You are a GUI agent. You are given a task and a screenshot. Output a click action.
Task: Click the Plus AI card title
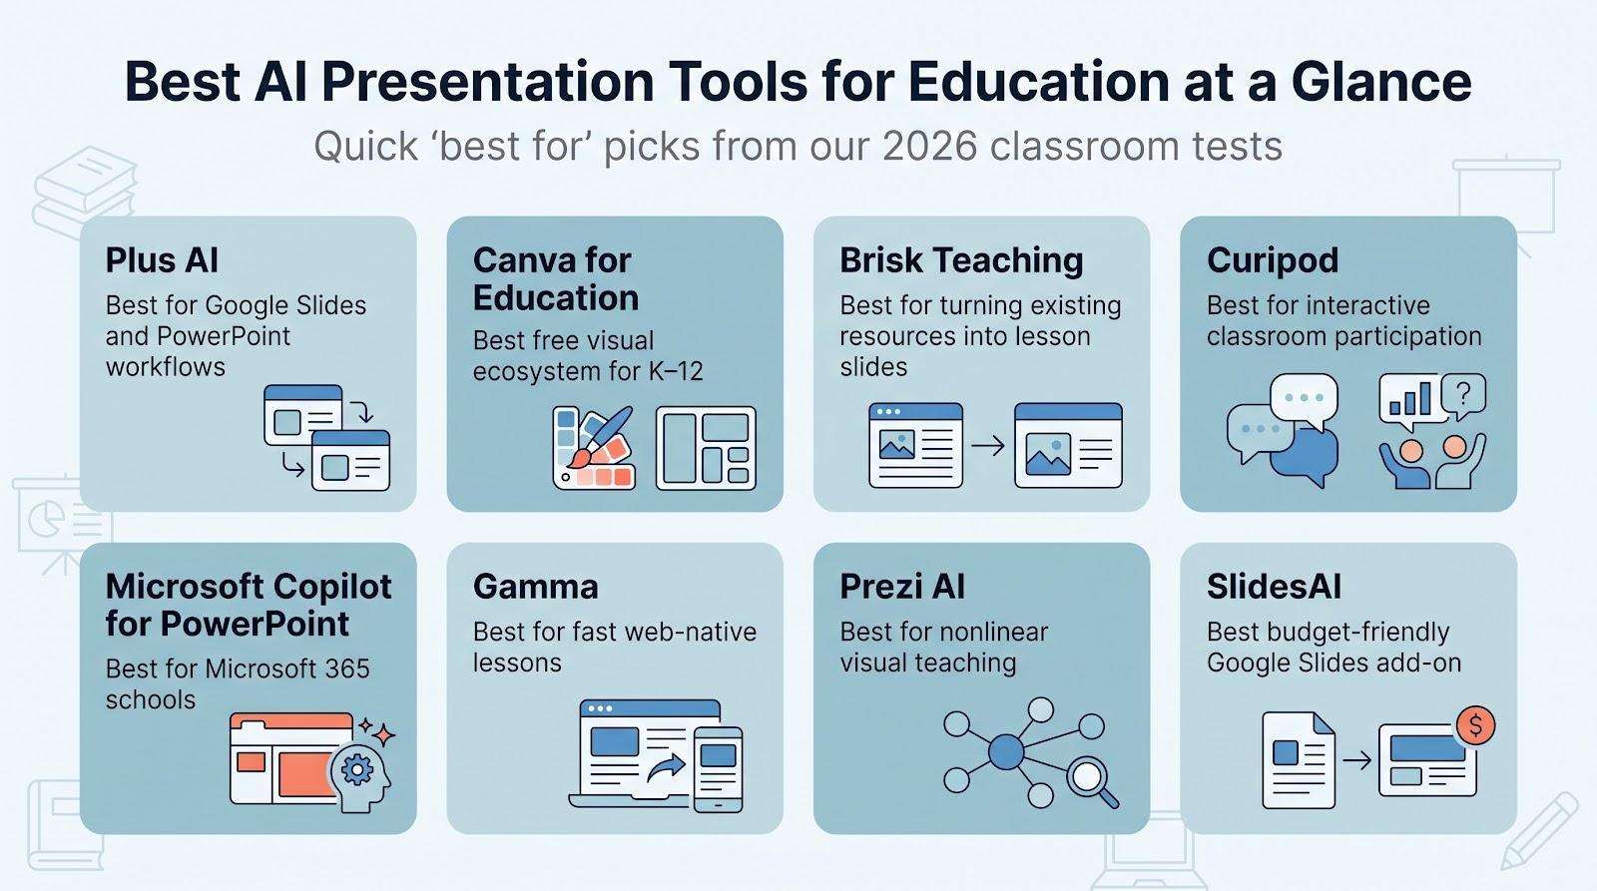tap(162, 260)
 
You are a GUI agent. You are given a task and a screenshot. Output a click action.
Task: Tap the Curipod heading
tap(1273, 260)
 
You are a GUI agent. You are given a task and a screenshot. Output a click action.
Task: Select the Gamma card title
tap(535, 587)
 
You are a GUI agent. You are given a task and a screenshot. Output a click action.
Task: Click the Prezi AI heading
tap(902, 587)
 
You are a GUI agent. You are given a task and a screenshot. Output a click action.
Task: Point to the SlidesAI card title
tap(1274, 587)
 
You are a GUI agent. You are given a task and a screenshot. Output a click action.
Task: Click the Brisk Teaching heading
tap(961, 260)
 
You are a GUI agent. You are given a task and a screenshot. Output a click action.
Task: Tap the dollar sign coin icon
tap(1475, 725)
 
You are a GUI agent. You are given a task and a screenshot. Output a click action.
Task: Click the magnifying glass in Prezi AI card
tap(1090, 780)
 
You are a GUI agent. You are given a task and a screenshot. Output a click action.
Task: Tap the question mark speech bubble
tap(1463, 396)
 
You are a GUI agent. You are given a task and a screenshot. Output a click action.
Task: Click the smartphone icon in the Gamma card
tap(718, 770)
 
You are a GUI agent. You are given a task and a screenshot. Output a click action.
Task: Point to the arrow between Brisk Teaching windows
tap(988, 446)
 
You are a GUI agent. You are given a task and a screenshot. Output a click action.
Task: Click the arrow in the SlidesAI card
tap(1356, 760)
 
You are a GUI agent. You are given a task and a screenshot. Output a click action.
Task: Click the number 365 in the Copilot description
tap(346, 668)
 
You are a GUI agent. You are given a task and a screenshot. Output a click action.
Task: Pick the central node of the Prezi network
tap(1006, 752)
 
